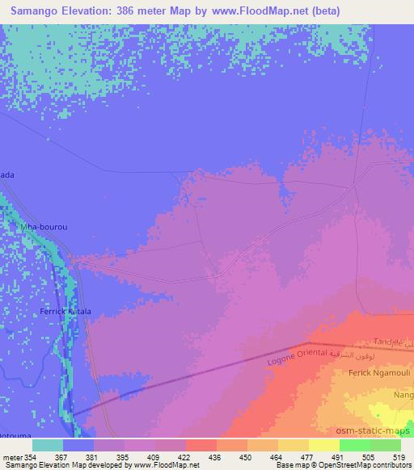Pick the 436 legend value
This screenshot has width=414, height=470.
214,457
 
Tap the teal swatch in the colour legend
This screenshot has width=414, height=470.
48,445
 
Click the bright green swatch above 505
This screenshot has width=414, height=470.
354,445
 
